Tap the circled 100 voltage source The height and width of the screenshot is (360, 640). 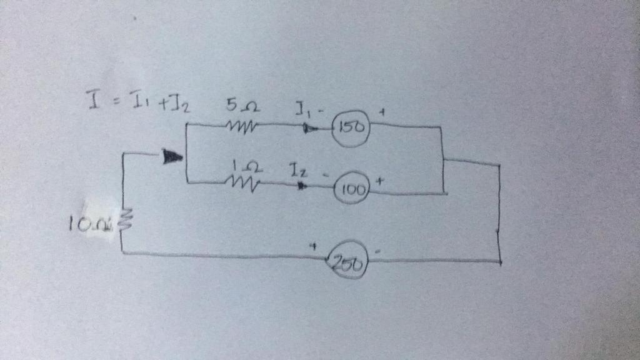(353, 190)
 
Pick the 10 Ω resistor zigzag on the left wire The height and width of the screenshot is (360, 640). (122, 219)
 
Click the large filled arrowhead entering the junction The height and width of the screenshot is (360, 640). (171, 156)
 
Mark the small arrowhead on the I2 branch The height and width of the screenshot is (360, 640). (302, 185)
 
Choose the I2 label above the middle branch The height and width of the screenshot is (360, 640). (297, 168)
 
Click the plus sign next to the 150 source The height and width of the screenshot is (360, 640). (381, 112)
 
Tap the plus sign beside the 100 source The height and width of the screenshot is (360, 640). (379, 179)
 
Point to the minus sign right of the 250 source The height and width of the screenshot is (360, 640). (377, 251)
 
